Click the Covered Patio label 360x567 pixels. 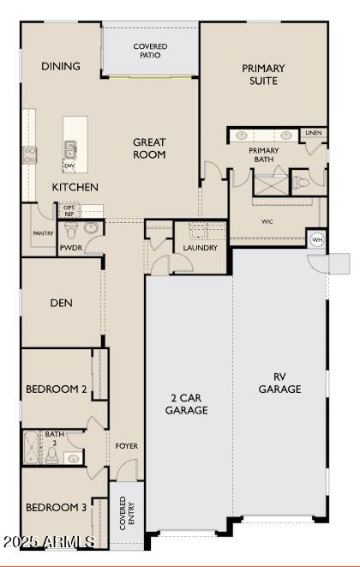(x=150, y=51)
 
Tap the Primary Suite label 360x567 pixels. (x=263, y=75)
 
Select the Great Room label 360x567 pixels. (x=149, y=148)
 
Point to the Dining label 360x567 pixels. (x=61, y=66)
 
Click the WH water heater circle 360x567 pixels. (x=317, y=239)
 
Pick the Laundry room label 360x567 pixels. (x=200, y=249)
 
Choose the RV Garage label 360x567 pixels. (x=280, y=383)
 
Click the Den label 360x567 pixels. (x=61, y=303)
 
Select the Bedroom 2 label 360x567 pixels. (x=57, y=389)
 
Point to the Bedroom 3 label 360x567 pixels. (x=57, y=508)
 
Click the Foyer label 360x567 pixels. (x=127, y=446)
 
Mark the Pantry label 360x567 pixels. (x=43, y=232)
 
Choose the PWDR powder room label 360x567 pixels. (x=70, y=248)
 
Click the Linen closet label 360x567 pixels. (x=314, y=133)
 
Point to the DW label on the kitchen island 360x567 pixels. (x=69, y=166)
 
